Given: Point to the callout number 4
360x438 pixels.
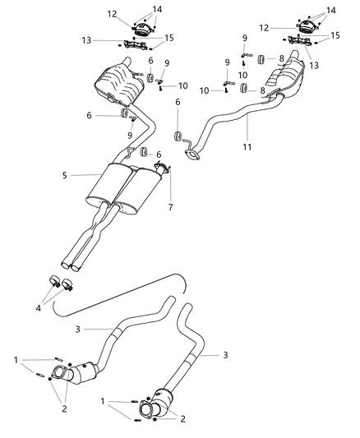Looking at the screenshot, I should [39, 308].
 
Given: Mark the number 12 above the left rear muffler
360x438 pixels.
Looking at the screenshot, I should [112, 14].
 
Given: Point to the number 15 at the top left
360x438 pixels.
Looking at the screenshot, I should [168, 37].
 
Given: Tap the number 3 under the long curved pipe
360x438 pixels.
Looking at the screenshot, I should [101, 330].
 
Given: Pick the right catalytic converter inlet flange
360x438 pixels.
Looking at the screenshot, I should [145, 410].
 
